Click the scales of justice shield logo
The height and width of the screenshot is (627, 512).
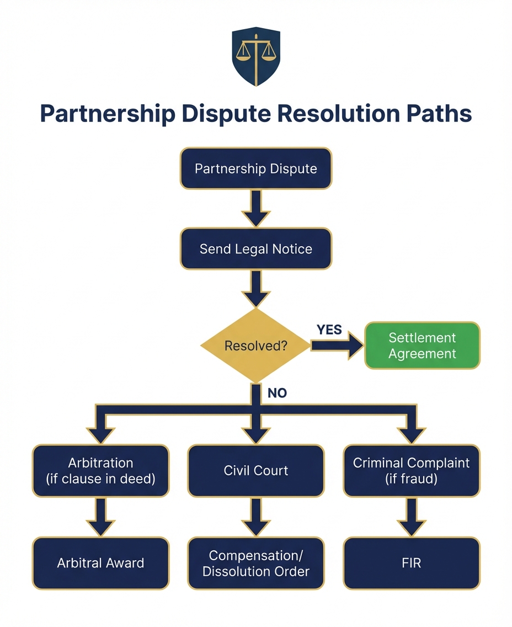tap(255, 57)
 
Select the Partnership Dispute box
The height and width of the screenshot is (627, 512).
tap(256, 168)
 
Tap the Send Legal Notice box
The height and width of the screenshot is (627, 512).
tap(256, 248)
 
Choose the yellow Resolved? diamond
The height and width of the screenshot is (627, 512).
tap(255, 346)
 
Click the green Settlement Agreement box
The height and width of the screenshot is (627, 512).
tap(422, 346)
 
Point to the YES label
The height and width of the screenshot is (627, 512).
tap(329, 330)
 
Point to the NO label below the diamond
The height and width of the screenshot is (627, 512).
tap(277, 394)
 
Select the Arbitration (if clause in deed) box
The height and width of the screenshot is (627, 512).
tap(100, 471)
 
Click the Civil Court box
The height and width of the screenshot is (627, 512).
tap(256, 471)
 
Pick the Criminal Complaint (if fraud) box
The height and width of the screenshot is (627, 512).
tap(412, 471)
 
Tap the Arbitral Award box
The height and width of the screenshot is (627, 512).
tap(100, 563)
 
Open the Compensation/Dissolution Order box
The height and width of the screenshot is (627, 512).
tap(256, 563)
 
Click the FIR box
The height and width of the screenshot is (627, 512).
tap(412, 563)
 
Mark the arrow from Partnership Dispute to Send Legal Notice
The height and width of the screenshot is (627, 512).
tap(256, 208)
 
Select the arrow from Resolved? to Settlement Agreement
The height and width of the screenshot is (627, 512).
tap(337, 346)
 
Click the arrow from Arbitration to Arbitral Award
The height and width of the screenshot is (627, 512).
tap(100, 517)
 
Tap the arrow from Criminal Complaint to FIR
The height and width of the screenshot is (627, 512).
tap(412, 517)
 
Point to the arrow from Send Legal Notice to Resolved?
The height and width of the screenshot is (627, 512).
tap(256, 288)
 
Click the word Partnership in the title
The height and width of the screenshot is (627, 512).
tap(103, 113)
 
